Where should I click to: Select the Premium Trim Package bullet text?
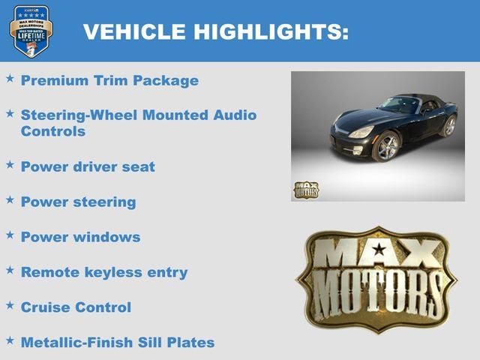pos(109,80)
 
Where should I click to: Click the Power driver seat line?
pos(88,166)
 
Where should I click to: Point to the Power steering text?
pos(78,202)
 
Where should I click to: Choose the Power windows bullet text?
pos(80,237)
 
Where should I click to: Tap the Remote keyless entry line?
pos(103,272)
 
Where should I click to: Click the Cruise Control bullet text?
pos(76,307)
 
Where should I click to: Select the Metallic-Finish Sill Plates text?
pos(117,343)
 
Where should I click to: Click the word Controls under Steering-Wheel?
pos(52,131)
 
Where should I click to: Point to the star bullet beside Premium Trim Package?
pos(10,78)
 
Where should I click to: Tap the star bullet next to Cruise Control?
pos(10,305)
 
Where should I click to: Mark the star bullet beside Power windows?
pos(10,235)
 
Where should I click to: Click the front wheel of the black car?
pos(387,146)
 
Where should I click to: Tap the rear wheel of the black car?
pos(449,125)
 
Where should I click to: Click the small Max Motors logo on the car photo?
pos(305,190)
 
